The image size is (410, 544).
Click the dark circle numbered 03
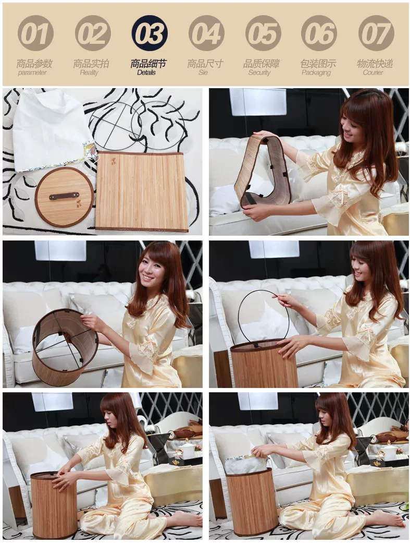click(x=150, y=33)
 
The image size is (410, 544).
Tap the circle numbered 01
click(x=35, y=33)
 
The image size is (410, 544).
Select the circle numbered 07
click(x=376, y=33)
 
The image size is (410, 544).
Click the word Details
click(x=146, y=72)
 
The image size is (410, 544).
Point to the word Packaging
click(x=316, y=72)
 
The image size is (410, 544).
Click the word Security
click(x=259, y=72)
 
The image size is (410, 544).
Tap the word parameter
click(x=32, y=72)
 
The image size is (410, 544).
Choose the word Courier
click(x=373, y=72)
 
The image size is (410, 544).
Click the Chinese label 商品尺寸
click(x=205, y=64)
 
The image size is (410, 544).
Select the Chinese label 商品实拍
click(x=91, y=64)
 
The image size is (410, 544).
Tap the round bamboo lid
click(x=64, y=197)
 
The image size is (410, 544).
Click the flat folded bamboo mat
click(x=141, y=191)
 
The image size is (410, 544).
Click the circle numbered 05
click(x=263, y=33)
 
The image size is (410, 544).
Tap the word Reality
click(x=89, y=72)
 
